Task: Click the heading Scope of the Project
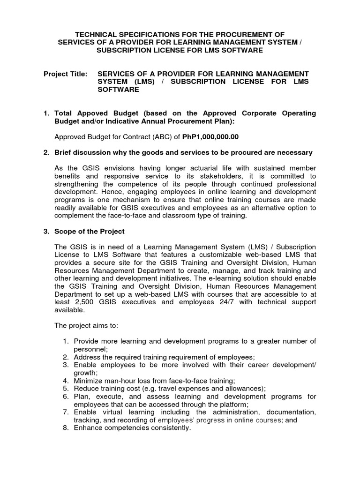coord(90,232)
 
